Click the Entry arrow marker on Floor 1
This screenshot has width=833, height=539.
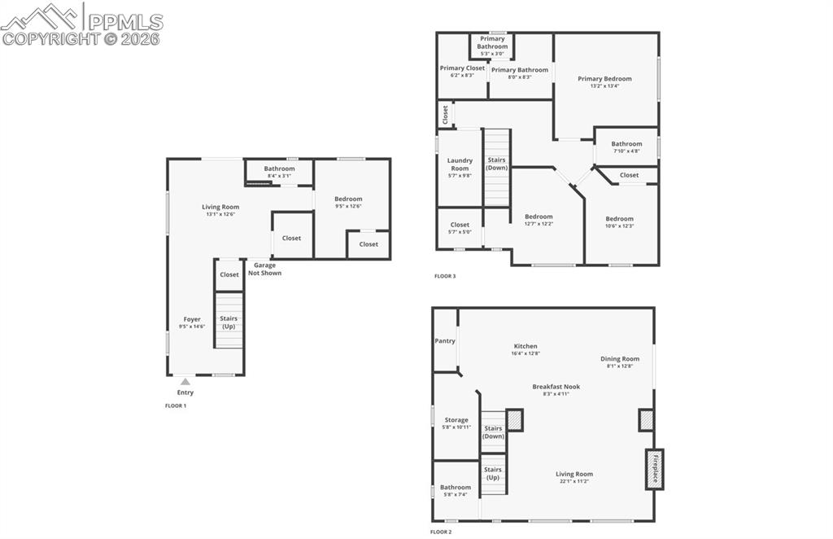(185, 381)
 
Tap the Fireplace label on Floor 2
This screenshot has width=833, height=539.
(655, 469)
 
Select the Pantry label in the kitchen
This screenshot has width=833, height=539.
(445, 341)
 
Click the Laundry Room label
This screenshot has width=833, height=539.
(460, 164)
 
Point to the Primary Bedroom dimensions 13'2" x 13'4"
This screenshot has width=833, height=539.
(604, 86)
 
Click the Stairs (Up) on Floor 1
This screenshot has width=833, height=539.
(229, 322)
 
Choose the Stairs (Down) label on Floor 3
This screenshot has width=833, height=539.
(497, 164)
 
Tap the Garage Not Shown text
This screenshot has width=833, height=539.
(265, 269)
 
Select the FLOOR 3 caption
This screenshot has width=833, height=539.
(445, 276)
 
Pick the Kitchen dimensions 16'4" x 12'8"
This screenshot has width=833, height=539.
(526, 353)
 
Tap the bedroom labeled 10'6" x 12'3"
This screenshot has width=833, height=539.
(619, 221)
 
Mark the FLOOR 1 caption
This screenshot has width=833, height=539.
(176, 405)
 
